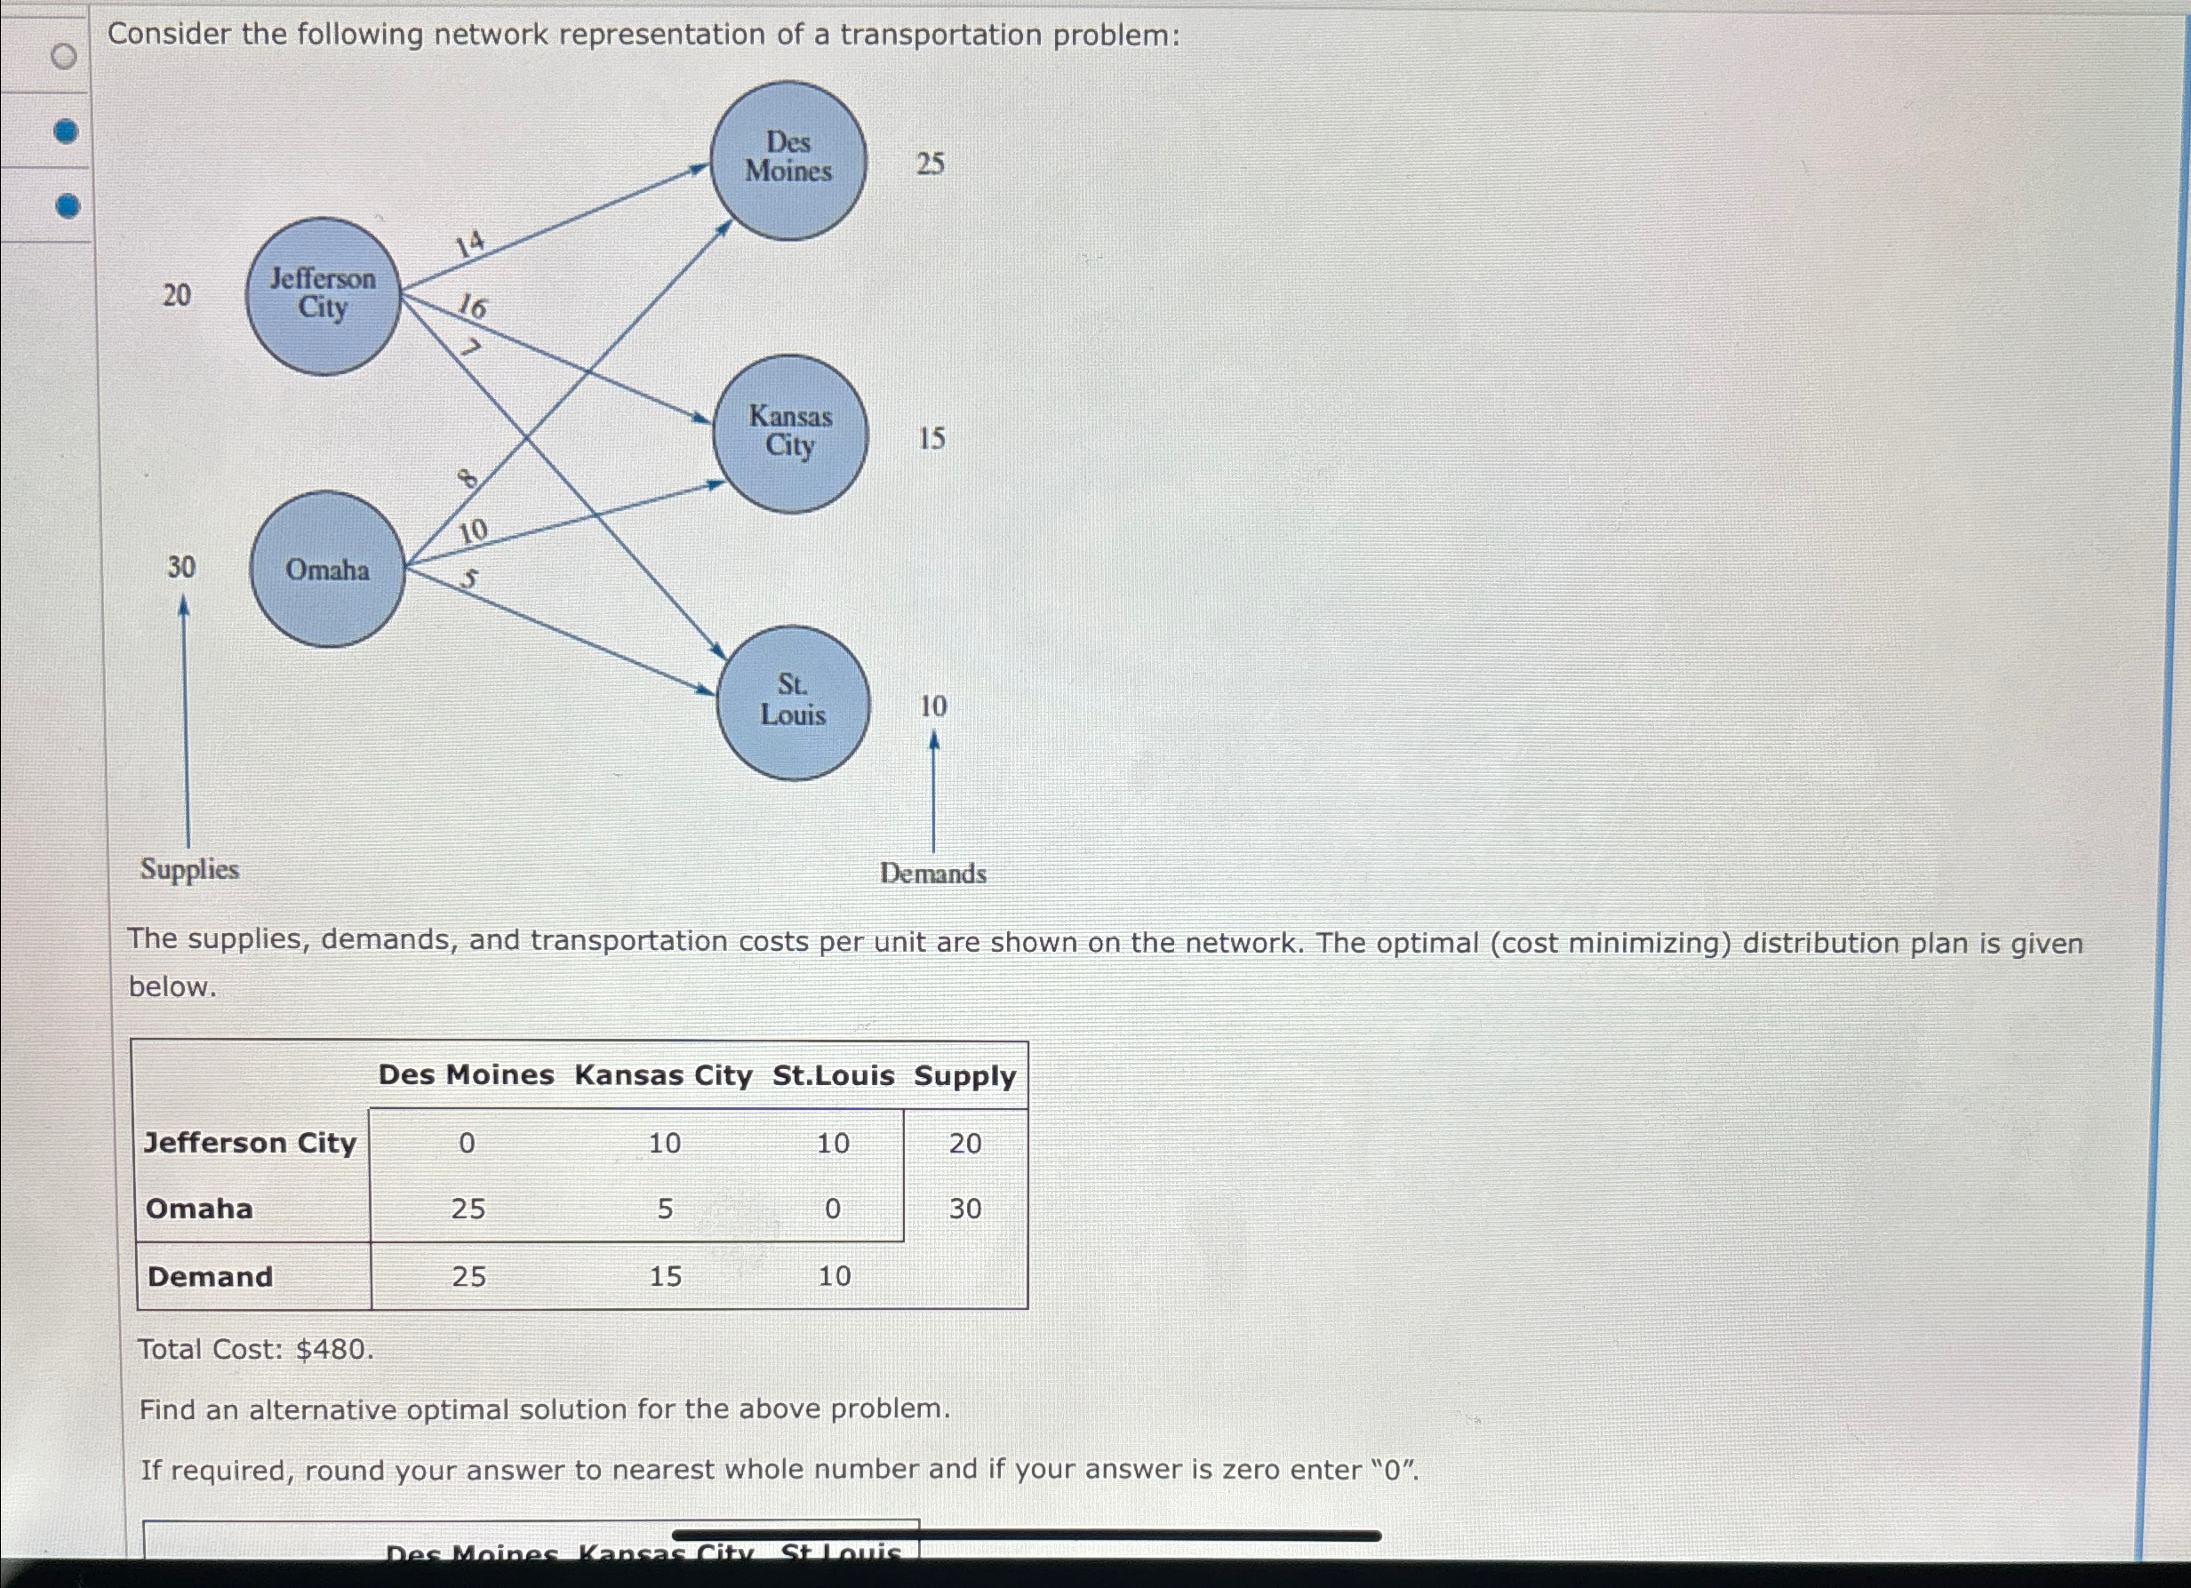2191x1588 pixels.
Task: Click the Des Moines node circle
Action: [x=788, y=159]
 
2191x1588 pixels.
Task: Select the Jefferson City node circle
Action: [x=323, y=295]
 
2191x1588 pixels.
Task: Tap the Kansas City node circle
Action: [x=790, y=433]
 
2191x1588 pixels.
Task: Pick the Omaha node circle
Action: [x=327, y=569]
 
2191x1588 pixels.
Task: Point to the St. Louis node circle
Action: [x=793, y=701]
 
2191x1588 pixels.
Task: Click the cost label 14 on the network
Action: [x=470, y=243]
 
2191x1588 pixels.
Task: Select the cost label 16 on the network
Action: [x=472, y=307]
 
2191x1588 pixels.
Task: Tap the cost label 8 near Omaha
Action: [x=467, y=477]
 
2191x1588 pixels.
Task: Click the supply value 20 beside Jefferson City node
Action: [x=177, y=295]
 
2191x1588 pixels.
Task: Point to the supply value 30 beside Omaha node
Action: [x=180, y=567]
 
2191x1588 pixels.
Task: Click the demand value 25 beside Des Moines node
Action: [x=931, y=164]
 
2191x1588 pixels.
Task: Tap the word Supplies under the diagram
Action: [x=189, y=869]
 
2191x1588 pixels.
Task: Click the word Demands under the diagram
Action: [x=933, y=874]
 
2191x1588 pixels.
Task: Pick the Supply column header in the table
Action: [x=964, y=1076]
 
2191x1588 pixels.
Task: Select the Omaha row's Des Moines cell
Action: [x=468, y=1209]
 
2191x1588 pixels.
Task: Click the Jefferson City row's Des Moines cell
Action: [x=467, y=1144]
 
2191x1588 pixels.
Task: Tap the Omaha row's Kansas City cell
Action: [x=665, y=1209]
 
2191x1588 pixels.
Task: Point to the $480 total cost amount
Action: [x=333, y=1350]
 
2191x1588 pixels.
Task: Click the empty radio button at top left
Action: [x=64, y=57]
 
